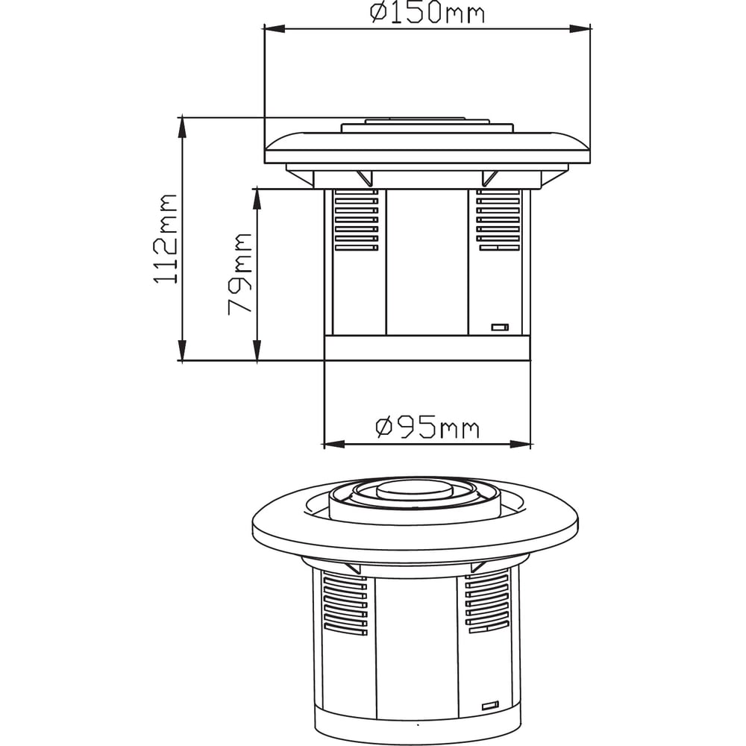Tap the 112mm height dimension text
(166, 239)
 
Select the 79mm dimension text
(239, 274)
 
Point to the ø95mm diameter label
(427, 427)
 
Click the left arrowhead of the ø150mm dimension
(275, 29)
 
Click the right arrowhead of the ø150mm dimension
(580, 29)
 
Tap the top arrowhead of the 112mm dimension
(182, 127)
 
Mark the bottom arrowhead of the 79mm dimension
(257, 350)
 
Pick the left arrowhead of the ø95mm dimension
(334, 445)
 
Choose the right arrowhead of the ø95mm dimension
(520, 445)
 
